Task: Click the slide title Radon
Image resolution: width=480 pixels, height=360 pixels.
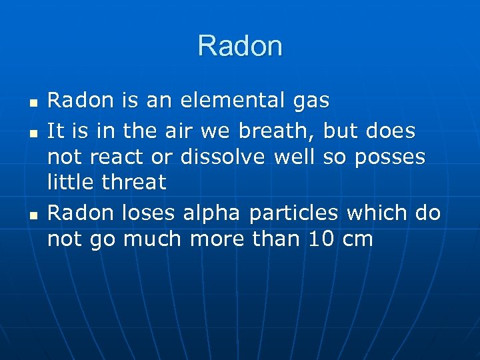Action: (240, 46)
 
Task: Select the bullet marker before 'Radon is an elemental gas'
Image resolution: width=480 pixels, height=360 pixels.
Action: (33, 105)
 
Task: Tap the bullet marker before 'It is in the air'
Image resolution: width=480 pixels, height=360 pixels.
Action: (33, 133)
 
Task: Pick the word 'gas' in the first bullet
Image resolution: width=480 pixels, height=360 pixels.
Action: (311, 102)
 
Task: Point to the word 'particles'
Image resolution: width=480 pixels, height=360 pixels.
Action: (294, 213)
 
